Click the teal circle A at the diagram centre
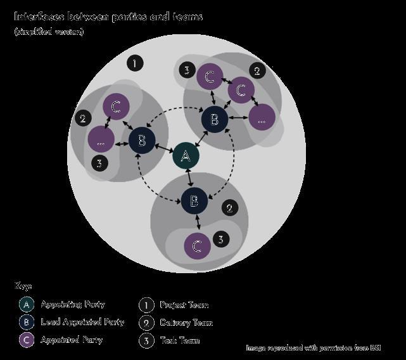pos(186,155)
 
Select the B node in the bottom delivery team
pos(194,202)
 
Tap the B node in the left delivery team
pos(142,141)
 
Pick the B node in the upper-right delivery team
pos(214,119)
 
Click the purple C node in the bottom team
pos(197,247)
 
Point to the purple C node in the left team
pos(115,106)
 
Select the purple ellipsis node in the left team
pos(101,140)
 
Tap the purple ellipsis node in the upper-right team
pos(262,117)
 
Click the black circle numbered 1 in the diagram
pos(134,63)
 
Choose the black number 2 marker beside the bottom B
pos(229,207)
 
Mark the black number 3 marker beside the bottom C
pos(220,239)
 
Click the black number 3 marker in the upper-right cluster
pos(186,70)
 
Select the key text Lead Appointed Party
pos(82,322)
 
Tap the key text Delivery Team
pos(186,323)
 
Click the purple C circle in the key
pos(26,340)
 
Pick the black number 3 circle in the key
pos(146,340)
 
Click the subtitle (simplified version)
pos(49,32)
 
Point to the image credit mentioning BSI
pos(314,348)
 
